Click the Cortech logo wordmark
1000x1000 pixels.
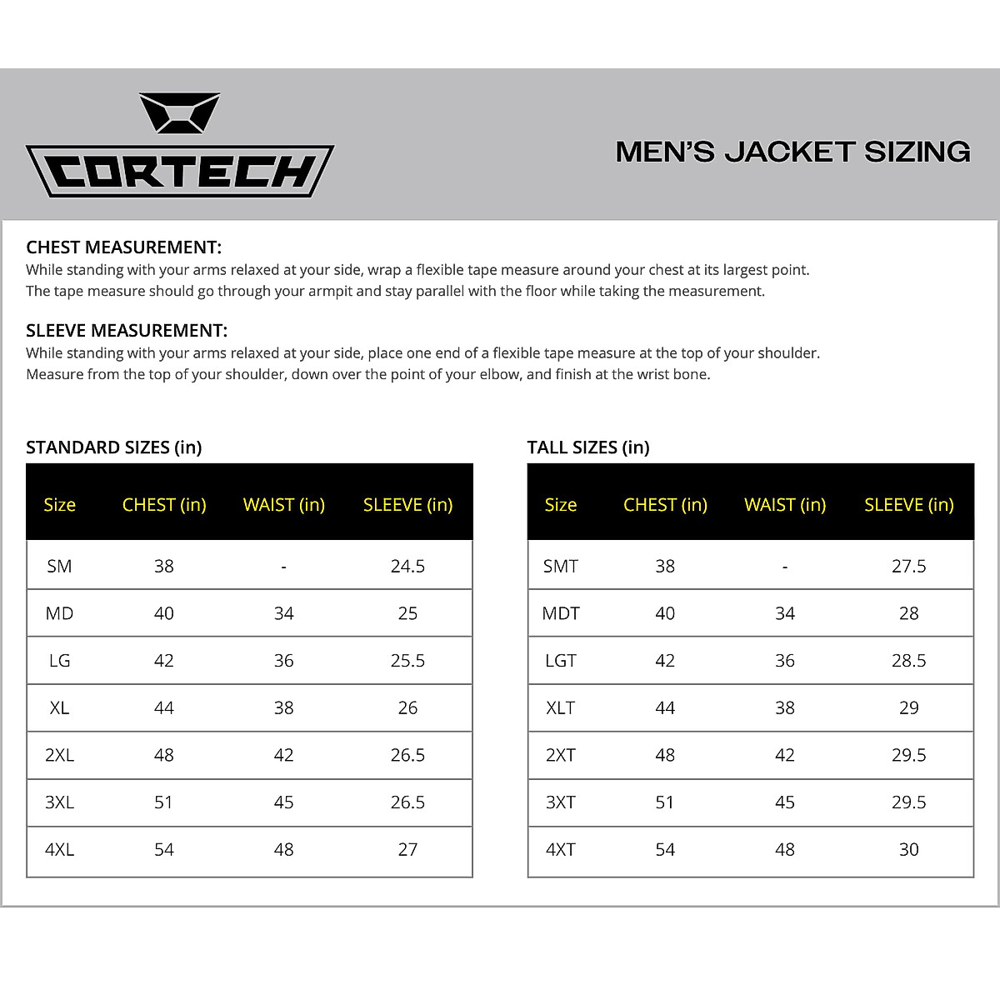(x=180, y=172)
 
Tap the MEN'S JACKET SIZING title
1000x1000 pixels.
(x=792, y=152)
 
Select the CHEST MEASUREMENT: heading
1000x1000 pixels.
(x=123, y=247)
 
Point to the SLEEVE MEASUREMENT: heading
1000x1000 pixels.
(x=127, y=331)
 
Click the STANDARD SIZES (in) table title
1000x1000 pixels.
(x=114, y=447)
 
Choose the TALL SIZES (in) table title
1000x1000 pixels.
(x=588, y=447)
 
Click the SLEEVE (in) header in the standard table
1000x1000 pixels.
(x=407, y=505)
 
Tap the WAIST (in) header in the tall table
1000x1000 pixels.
(x=785, y=505)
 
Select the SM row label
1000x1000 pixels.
(x=59, y=567)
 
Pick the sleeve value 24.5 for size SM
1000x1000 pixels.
(x=407, y=567)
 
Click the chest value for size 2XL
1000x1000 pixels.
(x=163, y=755)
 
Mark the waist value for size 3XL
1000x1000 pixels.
(x=283, y=802)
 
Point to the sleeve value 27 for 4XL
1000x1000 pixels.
(x=407, y=850)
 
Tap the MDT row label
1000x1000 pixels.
(x=561, y=614)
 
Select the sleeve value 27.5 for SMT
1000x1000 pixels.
(x=908, y=567)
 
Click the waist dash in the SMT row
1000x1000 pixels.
(x=785, y=567)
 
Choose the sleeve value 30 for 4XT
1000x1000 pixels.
(x=908, y=850)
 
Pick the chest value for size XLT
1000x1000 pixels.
(x=665, y=708)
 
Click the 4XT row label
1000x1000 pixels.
(x=561, y=850)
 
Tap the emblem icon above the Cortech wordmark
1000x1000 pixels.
(x=179, y=113)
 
